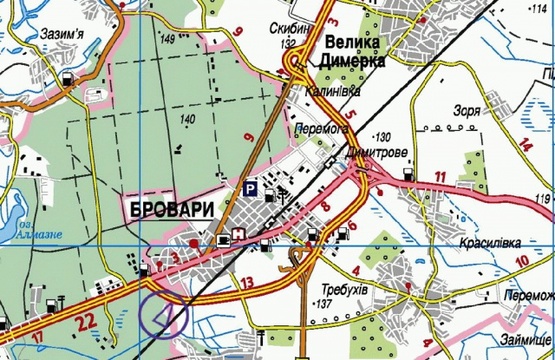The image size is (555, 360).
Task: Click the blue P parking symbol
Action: coord(251,187)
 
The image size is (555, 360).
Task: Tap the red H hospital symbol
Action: coord(240,236)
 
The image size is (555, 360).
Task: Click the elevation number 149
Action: coord(166,40)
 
